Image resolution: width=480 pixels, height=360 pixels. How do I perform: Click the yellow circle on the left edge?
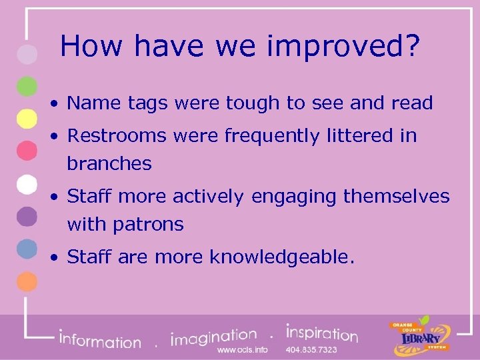26,119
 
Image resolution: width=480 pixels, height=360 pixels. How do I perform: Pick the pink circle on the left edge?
26,151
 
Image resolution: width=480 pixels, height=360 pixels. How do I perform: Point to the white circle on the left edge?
26,183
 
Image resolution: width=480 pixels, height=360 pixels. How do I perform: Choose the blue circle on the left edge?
26,248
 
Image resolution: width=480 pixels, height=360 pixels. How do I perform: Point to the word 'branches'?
109,164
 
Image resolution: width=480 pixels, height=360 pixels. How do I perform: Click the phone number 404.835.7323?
311,349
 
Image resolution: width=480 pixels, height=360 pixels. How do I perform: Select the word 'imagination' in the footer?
214,337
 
